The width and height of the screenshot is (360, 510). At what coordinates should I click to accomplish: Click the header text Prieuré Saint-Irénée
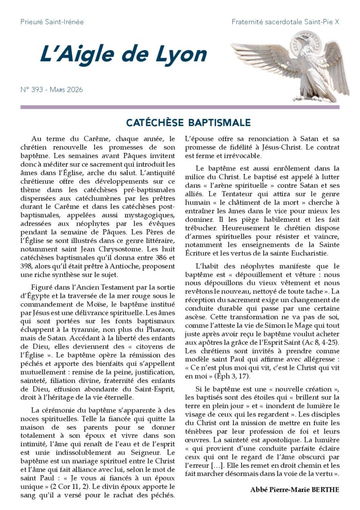pyautogui.click(x=52, y=22)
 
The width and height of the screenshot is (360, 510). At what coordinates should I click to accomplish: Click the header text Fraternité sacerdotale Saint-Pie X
pyautogui.click(x=285, y=22)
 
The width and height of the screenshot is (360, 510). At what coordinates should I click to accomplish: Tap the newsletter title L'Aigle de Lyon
pyautogui.click(x=123, y=55)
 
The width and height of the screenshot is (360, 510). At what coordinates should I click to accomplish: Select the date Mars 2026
pyautogui.click(x=68, y=90)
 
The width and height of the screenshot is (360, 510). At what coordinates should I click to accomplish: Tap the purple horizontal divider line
pyautogui.click(x=180, y=107)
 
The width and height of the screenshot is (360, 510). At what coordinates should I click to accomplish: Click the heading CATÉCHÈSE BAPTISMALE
pyautogui.click(x=188, y=123)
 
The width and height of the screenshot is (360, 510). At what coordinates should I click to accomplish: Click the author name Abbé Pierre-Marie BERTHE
pyautogui.click(x=294, y=490)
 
